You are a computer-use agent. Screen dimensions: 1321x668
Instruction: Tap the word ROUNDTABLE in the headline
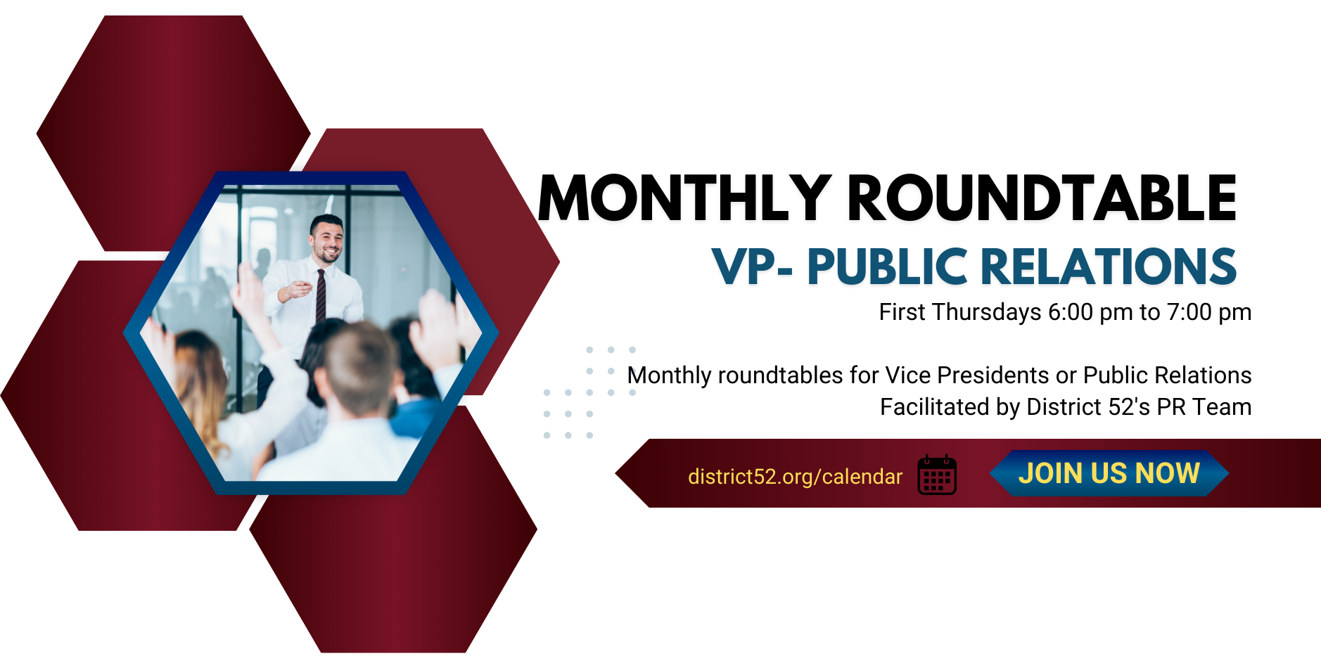coord(1042,198)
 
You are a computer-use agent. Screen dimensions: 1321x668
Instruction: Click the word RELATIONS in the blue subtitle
coord(1109,266)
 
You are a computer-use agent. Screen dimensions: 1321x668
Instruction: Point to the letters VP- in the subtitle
coord(752,266)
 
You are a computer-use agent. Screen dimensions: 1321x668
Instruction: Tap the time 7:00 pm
coord(1209,312)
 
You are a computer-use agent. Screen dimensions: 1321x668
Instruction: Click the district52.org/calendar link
coord(795,477)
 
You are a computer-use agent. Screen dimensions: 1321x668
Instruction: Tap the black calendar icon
coord(937,475)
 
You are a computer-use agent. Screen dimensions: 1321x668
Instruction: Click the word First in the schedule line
coord(902,312)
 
